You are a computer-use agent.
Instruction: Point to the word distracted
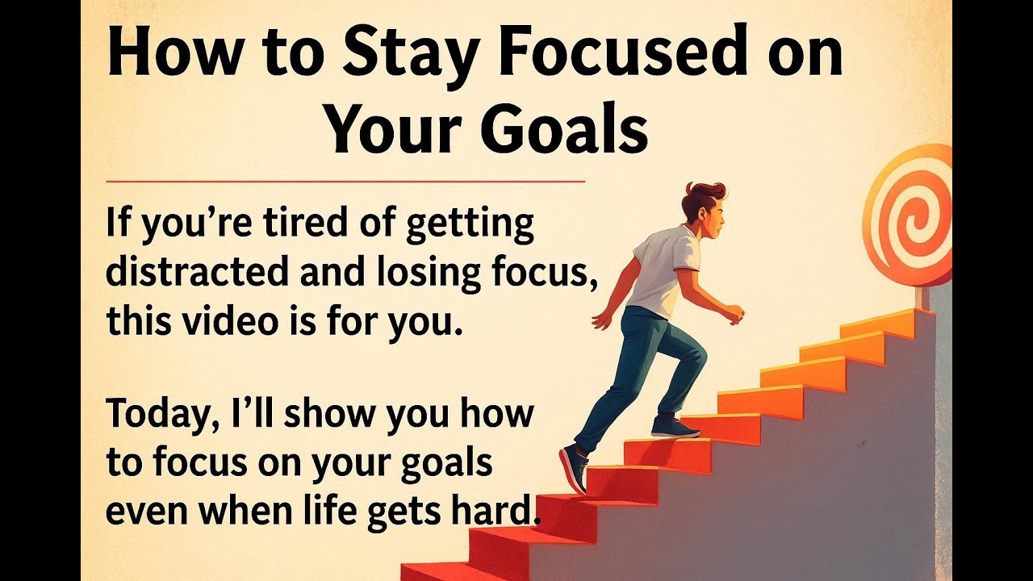click(197, 274)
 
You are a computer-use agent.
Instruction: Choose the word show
click(329, 414)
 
